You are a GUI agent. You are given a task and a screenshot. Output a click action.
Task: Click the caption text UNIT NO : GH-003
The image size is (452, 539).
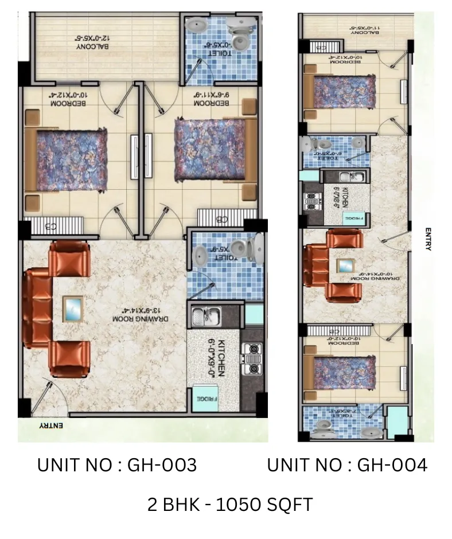tap(117, 465)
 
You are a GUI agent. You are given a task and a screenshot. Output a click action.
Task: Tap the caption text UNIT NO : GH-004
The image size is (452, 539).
tap(347, 465)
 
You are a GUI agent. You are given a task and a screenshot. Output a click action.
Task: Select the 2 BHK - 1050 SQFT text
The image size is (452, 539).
tap(230, 505)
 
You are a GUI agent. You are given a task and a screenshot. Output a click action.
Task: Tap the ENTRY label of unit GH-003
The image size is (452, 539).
tap(51, 426)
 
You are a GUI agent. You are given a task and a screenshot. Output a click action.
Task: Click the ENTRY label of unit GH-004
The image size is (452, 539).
tap(428, 239)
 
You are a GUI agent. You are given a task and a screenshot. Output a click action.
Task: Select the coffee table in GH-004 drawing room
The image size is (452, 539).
tap(345, 265)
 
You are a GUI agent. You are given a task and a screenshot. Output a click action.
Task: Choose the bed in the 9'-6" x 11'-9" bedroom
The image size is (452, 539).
tap(209, 148)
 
